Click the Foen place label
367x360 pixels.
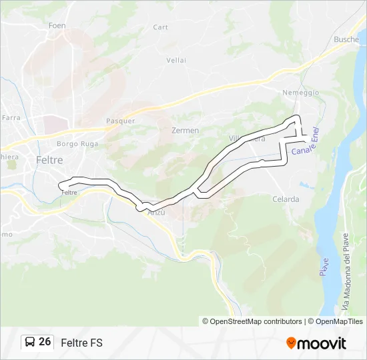coord(56,25)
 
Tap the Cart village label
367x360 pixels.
coord(160,27)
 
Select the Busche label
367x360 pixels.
coord(346,39)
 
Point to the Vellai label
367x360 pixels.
coord(176,60)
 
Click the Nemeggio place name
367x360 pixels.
coord(301,93)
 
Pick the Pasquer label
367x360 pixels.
coord(120,121)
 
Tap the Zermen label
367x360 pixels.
coord(185,131)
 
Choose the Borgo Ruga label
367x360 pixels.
coord(77,143)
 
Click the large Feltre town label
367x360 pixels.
coord(49,160)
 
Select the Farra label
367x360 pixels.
coord(11,117)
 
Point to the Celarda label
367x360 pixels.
coord(286,199)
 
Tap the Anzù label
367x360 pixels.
coord(155,211)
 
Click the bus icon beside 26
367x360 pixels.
coord(30,342)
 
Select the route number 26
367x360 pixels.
coord(45,342)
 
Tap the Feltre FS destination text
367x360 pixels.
coord(81,343)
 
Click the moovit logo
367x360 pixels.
coord(316,343)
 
